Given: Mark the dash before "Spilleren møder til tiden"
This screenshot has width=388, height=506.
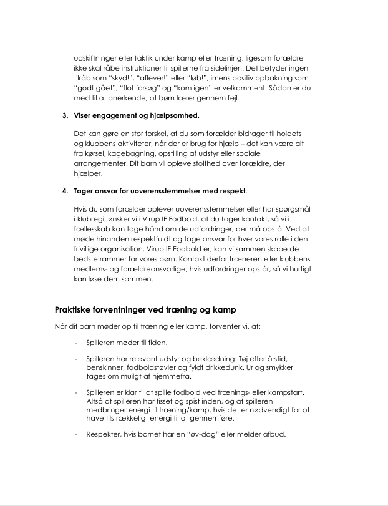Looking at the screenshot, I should click(75, 343).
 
